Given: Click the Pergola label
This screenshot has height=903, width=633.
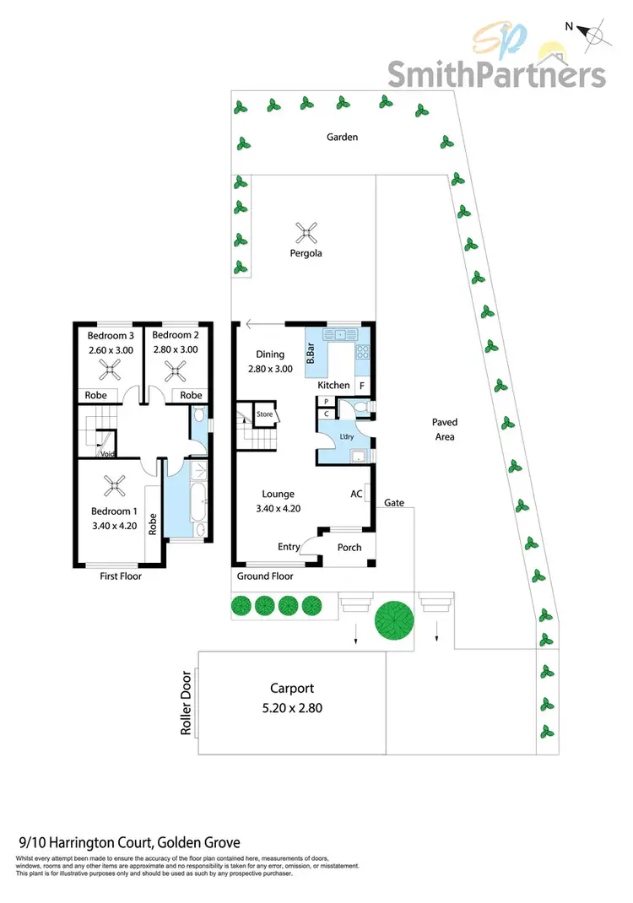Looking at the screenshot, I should tap(303, 252).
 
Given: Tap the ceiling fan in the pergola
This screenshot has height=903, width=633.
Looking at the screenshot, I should tap(304, 230).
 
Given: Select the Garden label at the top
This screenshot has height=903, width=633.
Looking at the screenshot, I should tap(344, 137).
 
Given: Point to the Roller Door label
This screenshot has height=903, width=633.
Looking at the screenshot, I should tap(187, 702).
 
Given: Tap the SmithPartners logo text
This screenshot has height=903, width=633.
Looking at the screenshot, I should tap(496, 73).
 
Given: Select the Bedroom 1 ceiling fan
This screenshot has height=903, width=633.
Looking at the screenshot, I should tap(113, 485).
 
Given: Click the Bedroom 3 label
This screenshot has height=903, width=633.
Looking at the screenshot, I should tap(111, 335).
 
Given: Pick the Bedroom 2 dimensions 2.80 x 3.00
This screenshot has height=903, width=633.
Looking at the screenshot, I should tap(175, 349).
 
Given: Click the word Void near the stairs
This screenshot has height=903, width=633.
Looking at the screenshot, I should tap(108, 453).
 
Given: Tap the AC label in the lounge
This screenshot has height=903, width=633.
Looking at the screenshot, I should tap(356, 494).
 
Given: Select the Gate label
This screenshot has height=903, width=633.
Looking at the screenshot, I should tap(394, 503).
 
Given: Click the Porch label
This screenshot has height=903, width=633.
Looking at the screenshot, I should tap(349, 547).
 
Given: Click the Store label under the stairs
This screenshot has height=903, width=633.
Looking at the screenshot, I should tap(265, 414).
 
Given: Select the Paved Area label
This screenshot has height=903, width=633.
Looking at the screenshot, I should tap(444, 430).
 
